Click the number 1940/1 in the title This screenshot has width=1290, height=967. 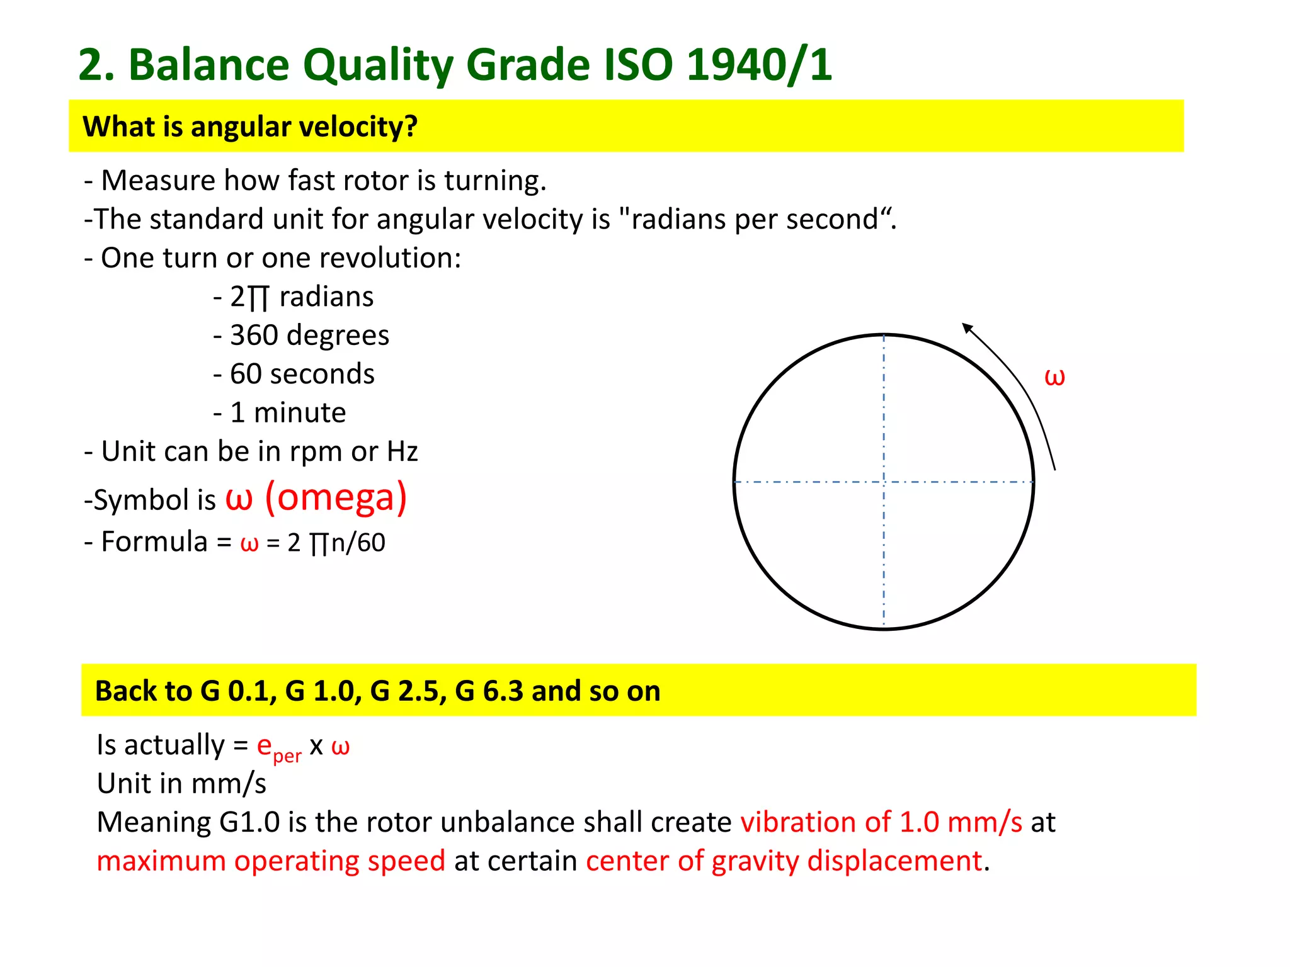[x=759, y=65]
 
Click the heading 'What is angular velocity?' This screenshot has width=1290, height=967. [x=250, y=127]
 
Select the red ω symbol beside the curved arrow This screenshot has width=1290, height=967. [x=1054, y=377]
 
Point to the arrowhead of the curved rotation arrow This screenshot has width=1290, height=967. [x=966, y=327]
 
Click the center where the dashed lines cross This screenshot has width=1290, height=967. [x=884, y=482]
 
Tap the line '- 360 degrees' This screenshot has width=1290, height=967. [x=301, y=336]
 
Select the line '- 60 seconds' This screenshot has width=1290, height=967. [x=294, y=374]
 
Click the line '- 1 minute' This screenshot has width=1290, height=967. [x=280, y=413]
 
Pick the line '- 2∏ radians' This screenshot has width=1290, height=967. [x=294, y=297]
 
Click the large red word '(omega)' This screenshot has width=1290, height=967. [x=336, y=497]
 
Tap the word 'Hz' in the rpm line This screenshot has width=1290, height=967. [x=402, y=452]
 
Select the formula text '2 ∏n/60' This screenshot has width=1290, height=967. [x=336, y=543]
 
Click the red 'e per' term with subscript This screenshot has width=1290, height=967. [x=278, y=748]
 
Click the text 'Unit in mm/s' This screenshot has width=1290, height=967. [x=181, y=784]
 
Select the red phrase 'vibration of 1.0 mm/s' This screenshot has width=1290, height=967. [x=881, y=822]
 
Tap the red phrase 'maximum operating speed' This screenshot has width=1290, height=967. [x=271, y=861]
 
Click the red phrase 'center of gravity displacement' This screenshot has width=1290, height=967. [x=784, y=861]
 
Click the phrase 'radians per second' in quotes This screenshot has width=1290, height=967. [x=755, y=220]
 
